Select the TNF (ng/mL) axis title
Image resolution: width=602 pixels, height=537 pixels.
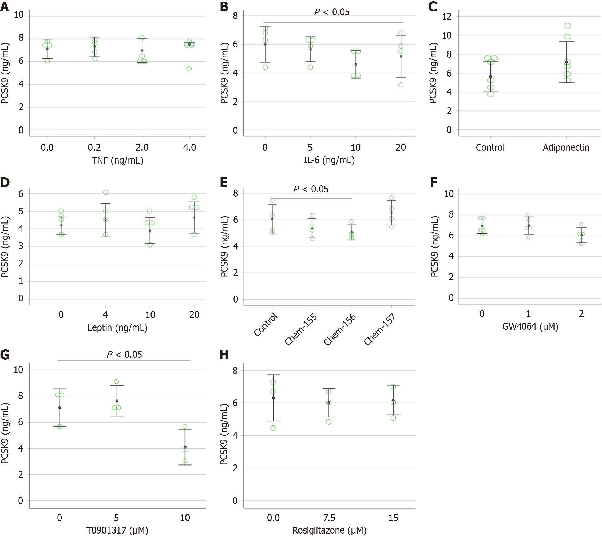pos(117,160)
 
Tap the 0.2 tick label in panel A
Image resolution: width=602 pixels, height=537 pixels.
pos(94,147)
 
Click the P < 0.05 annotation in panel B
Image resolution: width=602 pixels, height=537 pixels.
pos(332,12)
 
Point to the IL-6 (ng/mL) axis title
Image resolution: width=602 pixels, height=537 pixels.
pos(329,160)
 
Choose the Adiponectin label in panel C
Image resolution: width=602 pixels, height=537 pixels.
pos(566,147)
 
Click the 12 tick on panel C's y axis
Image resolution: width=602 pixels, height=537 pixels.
pos(447,17)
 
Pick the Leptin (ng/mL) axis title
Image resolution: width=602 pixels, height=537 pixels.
pos(117,328)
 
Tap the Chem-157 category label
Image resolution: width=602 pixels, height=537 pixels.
pos(379,329)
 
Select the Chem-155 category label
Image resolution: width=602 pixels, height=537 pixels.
pos(301,329)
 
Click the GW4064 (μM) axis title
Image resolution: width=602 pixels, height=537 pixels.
pos(530,327)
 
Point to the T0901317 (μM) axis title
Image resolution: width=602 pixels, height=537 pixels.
pos(117,531)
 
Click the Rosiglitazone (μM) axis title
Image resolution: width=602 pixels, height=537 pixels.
pos(329,531)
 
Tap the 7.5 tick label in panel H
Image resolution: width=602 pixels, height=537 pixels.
pos(329,518)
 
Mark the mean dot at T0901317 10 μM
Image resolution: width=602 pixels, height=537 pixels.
pos(185,447)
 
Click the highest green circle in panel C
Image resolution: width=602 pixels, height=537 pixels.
pos(567,26)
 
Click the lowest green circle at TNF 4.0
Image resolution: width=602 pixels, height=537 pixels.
pos(189,69)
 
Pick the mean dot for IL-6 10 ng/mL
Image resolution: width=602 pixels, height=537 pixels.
pos(356,65)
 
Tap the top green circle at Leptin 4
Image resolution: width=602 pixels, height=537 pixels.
pos(106,192)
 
